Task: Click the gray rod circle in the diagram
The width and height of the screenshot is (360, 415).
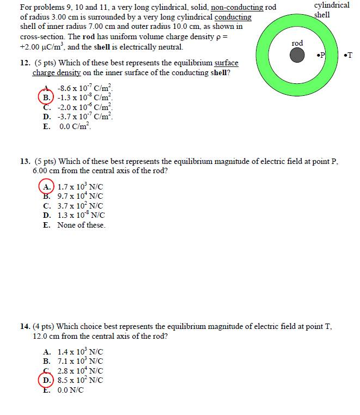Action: tap(297, 55)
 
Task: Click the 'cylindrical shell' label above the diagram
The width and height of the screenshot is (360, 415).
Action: tap(331, 10)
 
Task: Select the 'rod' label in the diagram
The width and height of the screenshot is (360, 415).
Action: tap(297, 43)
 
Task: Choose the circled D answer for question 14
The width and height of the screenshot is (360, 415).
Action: tap(47, 380)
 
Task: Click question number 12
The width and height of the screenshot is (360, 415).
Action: tap(25, 63)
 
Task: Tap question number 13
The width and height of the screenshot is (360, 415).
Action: tap(25, 161)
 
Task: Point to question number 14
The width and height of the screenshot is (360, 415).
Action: tap(25, 327)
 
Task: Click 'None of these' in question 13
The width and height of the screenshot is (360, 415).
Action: tap(81, 225)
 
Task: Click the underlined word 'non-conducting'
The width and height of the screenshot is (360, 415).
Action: tap(236, 8)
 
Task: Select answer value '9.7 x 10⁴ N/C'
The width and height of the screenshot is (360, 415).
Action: tap(80, 196)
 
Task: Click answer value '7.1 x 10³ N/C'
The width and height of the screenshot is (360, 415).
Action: tap(80, 361)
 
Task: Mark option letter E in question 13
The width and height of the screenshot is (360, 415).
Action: tap(46, 225)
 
